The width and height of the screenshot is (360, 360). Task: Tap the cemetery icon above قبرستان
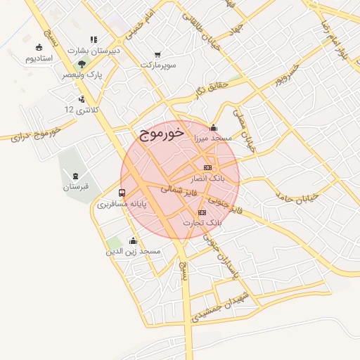point(75,175)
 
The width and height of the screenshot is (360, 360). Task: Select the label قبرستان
point(75,186)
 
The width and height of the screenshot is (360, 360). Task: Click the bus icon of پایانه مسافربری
point(122,193)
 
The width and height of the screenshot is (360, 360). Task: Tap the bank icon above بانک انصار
point(207,167)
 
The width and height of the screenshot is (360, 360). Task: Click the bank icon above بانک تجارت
point(202,212)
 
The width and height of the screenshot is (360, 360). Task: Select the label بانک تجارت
point(202,223)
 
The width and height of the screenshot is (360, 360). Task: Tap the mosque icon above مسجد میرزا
point(214,127)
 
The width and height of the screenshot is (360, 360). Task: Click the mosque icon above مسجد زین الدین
point(133,240)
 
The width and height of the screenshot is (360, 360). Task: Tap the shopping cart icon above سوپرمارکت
point(157,54)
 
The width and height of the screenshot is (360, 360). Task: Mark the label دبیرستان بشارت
point(93,51)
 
